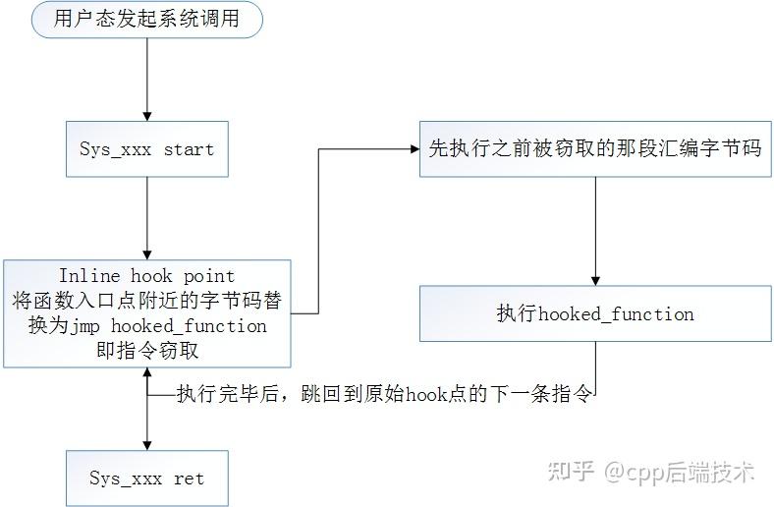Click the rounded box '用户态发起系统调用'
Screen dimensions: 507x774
pyautogui.click(x=146, y=20)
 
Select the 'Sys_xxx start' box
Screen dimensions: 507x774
pyautogui.click(x=146, y=150)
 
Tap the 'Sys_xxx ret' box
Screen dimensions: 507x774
pyautogui.click(x=146, y=479)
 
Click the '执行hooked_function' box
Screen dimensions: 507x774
pyautogui.click(x=595, y=314)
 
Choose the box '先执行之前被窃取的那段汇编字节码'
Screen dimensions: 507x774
pyautogui.click(x=595, y=149)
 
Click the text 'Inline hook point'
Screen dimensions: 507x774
pyautogui.click(x=146, y=276)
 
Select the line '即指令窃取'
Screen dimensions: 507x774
pyautogui.click(x=146, y=351)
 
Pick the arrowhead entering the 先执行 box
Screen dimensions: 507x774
pyautogui.click(x=414, y=149)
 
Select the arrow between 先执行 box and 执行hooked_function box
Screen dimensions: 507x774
pyautogui.click(x=595, y=231)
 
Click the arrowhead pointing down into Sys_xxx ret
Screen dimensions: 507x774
pyautogui.click(x=146, y=444)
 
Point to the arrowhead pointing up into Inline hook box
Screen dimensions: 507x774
pyautogui.click(x=146, y=374)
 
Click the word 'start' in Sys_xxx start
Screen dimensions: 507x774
pyautogui.click(x=189, y=150)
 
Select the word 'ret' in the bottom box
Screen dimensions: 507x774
pyautogui.click(x=189, y=479)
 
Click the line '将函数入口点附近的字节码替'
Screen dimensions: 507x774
pyautogui.click(x=146, y=301)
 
